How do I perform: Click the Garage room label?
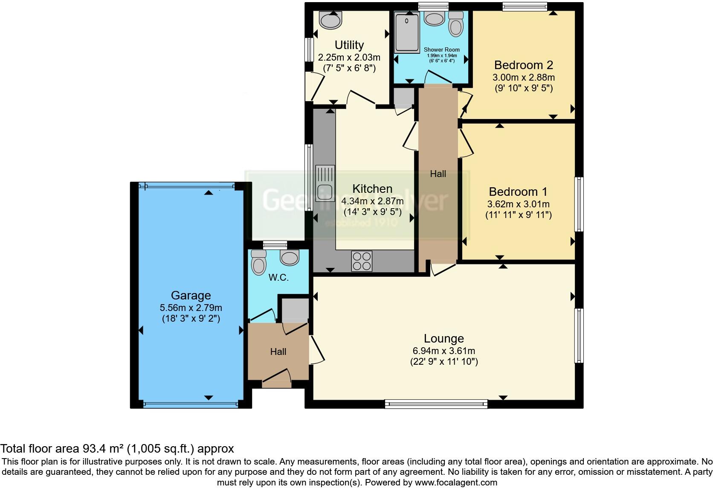191,295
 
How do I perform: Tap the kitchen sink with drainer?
325,183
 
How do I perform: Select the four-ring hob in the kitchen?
362,261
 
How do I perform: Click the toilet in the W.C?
258,262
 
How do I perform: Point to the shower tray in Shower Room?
408,32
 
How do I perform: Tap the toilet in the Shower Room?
456,24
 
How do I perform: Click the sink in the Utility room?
330,19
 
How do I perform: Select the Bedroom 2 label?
523,65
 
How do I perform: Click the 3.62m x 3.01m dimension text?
518,204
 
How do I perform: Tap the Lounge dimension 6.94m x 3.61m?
443,351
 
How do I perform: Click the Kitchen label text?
372,189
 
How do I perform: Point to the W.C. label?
278,277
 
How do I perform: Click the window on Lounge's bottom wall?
436,404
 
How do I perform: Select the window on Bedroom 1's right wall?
578,204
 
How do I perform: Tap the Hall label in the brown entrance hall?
278,351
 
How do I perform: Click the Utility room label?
349,45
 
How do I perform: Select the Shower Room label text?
441,49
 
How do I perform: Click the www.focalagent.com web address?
455,482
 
